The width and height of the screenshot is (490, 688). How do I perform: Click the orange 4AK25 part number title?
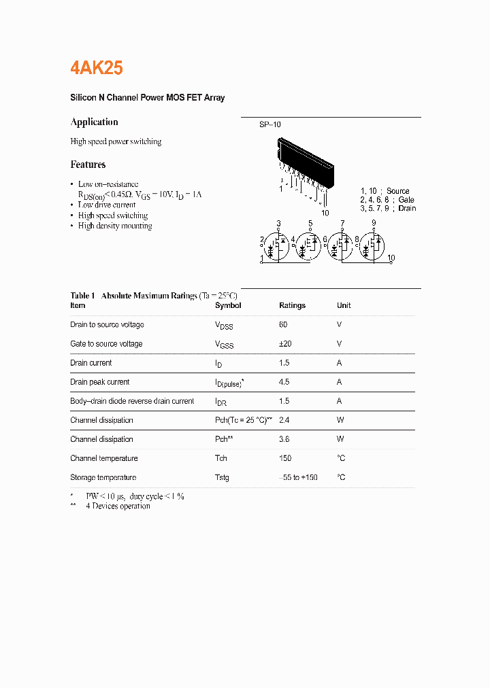97,68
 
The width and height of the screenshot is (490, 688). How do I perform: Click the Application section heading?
94,122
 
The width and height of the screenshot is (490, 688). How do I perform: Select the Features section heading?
88,165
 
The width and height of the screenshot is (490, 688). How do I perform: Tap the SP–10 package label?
269,124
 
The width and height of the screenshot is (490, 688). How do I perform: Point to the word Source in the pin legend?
398,191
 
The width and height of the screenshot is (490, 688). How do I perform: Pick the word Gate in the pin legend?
406,200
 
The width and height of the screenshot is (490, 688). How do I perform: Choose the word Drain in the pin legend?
407,208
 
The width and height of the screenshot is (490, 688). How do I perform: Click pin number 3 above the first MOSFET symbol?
278,224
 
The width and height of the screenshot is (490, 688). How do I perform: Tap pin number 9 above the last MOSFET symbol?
374,224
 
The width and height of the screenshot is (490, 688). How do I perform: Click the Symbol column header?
228,306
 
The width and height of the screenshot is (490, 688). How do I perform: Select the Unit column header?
344,306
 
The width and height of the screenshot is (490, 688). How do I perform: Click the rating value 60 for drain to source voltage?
283,325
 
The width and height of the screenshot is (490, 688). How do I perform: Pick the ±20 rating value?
285,344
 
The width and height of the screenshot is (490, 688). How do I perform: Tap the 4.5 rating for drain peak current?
284,382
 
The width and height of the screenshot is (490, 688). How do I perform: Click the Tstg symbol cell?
222,477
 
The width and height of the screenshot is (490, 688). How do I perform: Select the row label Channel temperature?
103,458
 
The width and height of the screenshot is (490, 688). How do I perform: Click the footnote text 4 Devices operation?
118,506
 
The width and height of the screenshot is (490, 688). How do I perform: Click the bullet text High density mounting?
115,226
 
